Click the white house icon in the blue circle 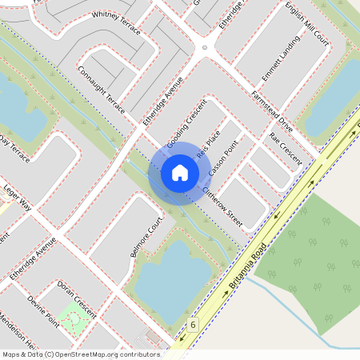(x=180, y=173)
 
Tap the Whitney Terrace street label (x=116, y=25)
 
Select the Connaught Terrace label (x=102, y=90)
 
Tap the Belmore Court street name (x=146, y=237)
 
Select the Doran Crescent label (x=76, y=297)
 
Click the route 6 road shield (x=193, y=324)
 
